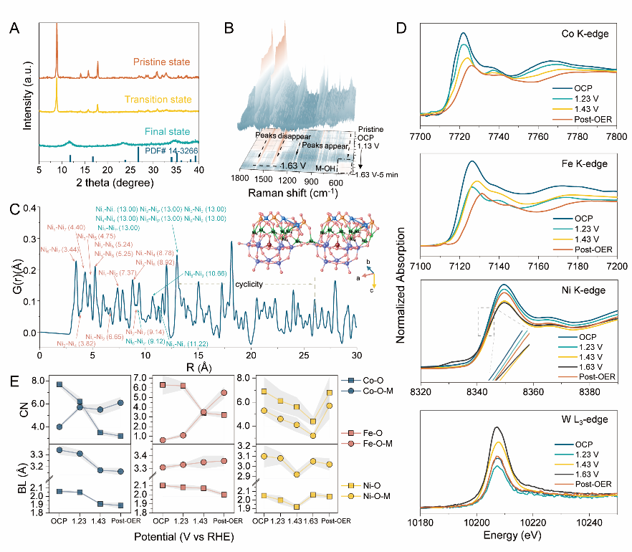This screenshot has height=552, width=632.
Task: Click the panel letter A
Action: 15,29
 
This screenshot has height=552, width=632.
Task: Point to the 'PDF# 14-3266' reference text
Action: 171,151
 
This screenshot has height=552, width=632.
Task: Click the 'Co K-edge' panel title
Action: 583,34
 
